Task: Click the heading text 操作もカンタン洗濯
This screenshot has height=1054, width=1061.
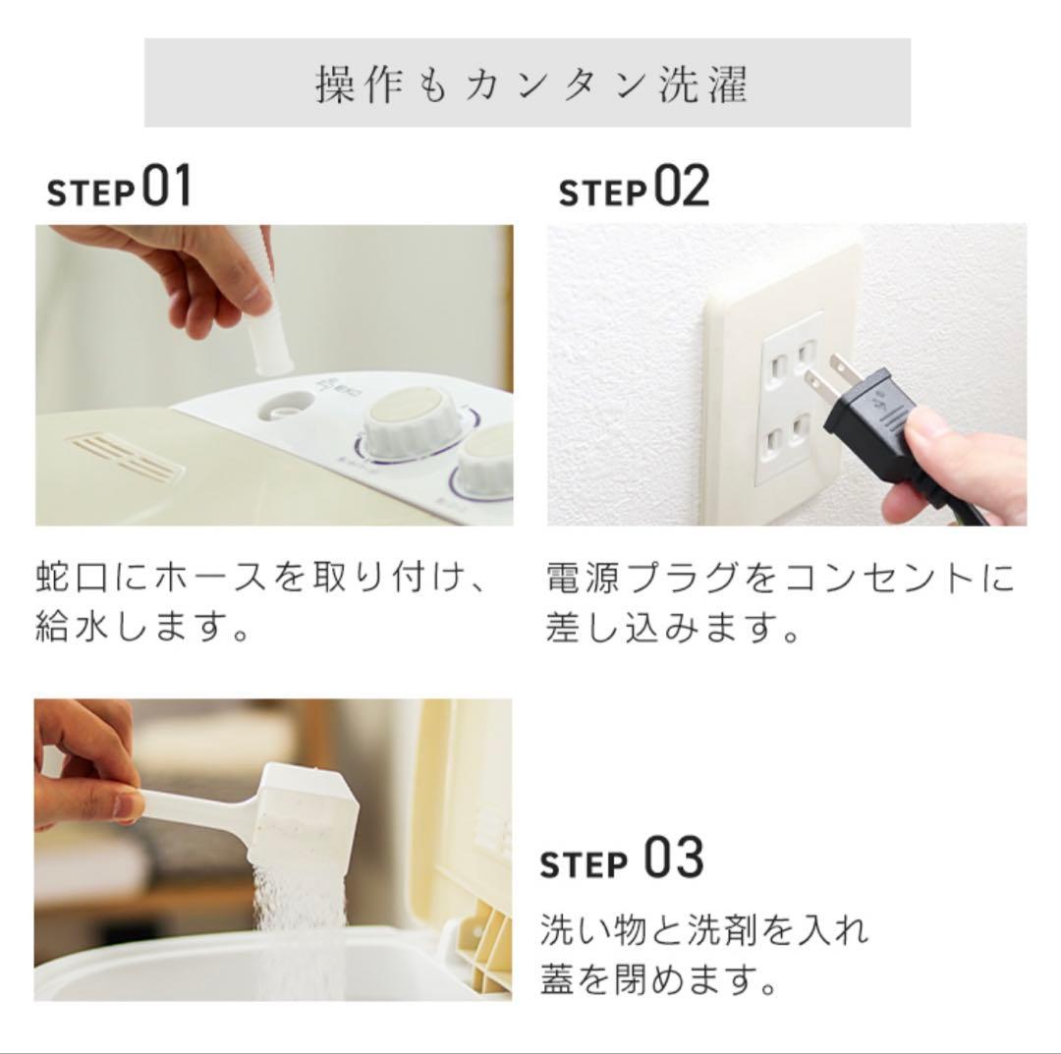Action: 530,84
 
